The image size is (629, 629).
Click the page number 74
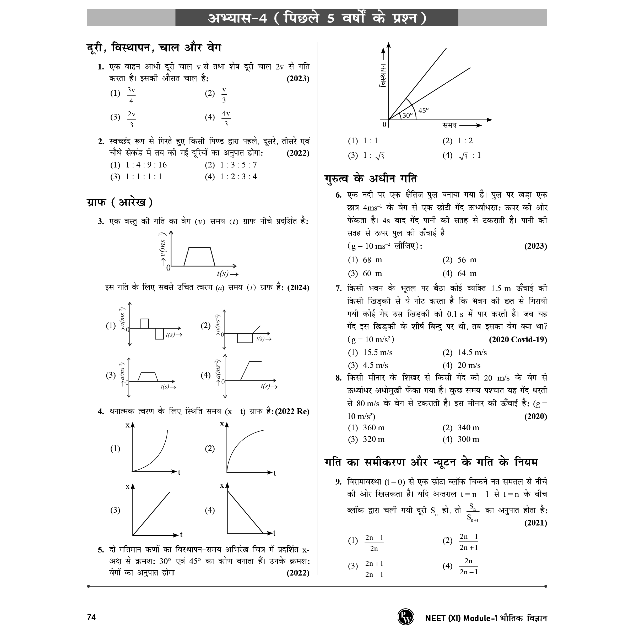(91, 617)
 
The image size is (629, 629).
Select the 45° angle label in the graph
(423, 111)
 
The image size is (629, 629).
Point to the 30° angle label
(407, 116)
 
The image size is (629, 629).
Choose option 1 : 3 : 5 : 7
(238, 165)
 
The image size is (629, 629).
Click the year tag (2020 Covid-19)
(518, 340)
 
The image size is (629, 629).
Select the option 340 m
(468, 427)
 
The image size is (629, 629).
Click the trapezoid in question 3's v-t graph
(199, 257)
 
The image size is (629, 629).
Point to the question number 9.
(339, 482)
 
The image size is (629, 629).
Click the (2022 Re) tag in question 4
(292, 411)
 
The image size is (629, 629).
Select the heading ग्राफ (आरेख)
(120, 202)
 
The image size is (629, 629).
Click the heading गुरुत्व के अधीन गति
(371, 178)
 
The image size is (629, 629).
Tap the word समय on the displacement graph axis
(449, 125)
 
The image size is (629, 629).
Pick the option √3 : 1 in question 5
(470, 156)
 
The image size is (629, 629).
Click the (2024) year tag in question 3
(298, 288)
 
